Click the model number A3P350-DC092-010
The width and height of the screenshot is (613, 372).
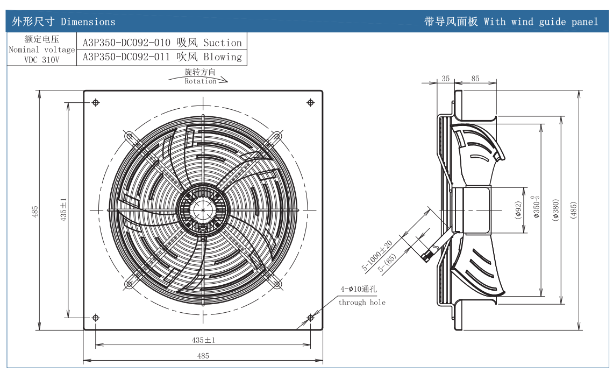point(126,43)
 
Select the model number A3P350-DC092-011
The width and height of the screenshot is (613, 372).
point(126,57)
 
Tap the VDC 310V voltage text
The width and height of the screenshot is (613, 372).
point(42,60)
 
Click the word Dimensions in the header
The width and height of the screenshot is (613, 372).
point(88,22)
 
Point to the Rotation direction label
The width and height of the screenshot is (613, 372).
point(200,81)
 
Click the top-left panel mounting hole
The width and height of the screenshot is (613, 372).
point(95,103)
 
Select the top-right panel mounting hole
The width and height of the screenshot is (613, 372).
point(310,103)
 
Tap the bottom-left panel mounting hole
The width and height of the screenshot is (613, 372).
point(95,318)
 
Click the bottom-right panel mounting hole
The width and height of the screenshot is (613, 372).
point(310,318)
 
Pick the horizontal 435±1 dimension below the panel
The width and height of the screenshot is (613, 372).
point(203,340)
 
